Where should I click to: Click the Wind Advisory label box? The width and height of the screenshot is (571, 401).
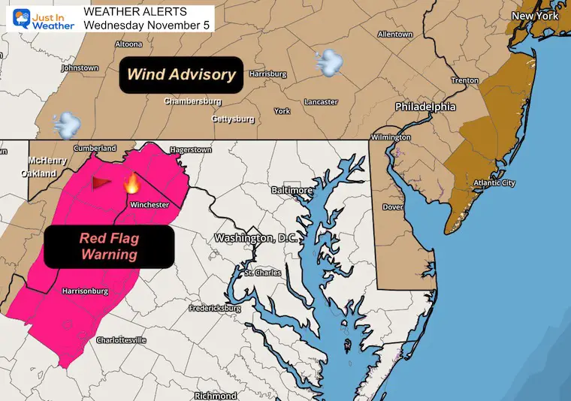click(181, 74)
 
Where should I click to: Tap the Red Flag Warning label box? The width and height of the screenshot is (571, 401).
click(109, 246)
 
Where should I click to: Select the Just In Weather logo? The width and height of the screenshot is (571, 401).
click(39, 18)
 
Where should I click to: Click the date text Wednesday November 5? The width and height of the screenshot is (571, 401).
click(148, 25)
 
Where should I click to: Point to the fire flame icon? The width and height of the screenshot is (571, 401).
click(131, 182)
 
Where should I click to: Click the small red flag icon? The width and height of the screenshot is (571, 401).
click(101, 182)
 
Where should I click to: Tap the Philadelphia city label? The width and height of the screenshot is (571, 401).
click(425, 107)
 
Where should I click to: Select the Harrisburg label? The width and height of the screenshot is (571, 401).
click(269, 74)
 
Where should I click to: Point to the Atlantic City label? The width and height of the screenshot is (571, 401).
click(494, 183)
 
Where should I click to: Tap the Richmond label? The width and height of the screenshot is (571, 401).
click(216, 395)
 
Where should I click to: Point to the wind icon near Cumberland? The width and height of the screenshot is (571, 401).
click(66, 123)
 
